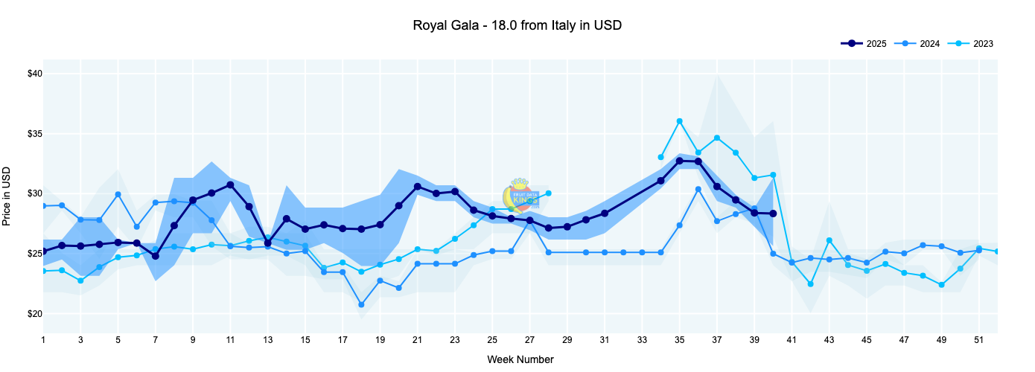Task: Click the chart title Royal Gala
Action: pyautogui.click(x=517, y=25)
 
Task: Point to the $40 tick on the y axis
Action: pyautogui.click(x=32, y=74)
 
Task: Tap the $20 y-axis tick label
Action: pyautogui.click(x=32, y=314)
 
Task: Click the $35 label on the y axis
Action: pyautogui.click(x=32, y=134)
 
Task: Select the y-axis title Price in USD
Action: pyautogui.click(x=7, y=194)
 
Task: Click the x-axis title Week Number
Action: pyautogui.click(x=520, y=359)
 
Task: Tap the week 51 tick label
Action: pyautogui.click(x=978, y=340)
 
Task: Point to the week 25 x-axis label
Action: pyautogui.click(x=492, y=340)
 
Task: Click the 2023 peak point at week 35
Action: pyautogui.click(x=679, y=121)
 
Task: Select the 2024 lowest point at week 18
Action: pyautogui.click(x=361, y=304)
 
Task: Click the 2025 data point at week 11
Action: pyautogui.click(x=230, y=185)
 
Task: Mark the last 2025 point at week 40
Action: pyautogui.click(x=773, y=214)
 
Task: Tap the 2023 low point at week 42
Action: pyautogui.click(x=810, y=284)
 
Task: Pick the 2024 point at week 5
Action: pyautogui.click(x=118, y=195)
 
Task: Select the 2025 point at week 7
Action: pyautogui.click(x=156, y=256)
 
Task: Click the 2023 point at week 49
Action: pyautogui.click(x=941, y=285)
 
